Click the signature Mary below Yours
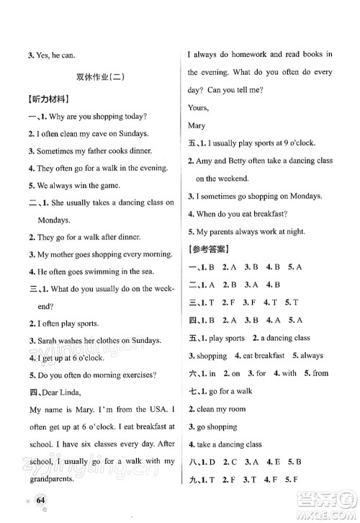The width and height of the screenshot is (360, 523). (197, 125)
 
